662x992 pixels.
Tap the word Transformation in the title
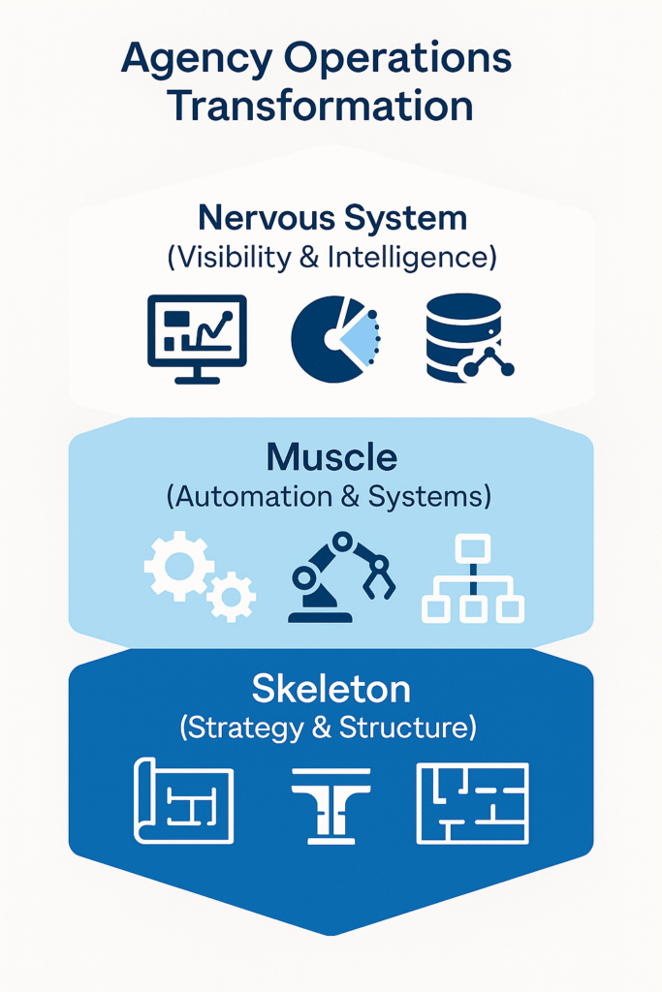pyautogui.click(x=321, y=106)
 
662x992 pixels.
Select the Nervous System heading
pyautogui.click(x=332, y=217)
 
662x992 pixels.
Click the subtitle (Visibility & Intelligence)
pyautogui.click(x=332, y=258)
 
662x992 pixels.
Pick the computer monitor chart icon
pyautogui.click(x=197, y=337)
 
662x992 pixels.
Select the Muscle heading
pyautogui.click(x=331, y=456)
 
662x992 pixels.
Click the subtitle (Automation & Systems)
pyautogui.click(x=330, y=497)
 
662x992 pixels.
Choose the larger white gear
pyautogui.click(x=178, y=565)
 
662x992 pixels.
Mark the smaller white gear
pyautogui.click(x=233, y=596)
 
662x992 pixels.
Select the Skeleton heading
pyautogui.click(x=331, y=689)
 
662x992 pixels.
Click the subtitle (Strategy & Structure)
pyautogui.click(x=329, y=728)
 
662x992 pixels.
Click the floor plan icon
pyautogui.click(x=472, y=803)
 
